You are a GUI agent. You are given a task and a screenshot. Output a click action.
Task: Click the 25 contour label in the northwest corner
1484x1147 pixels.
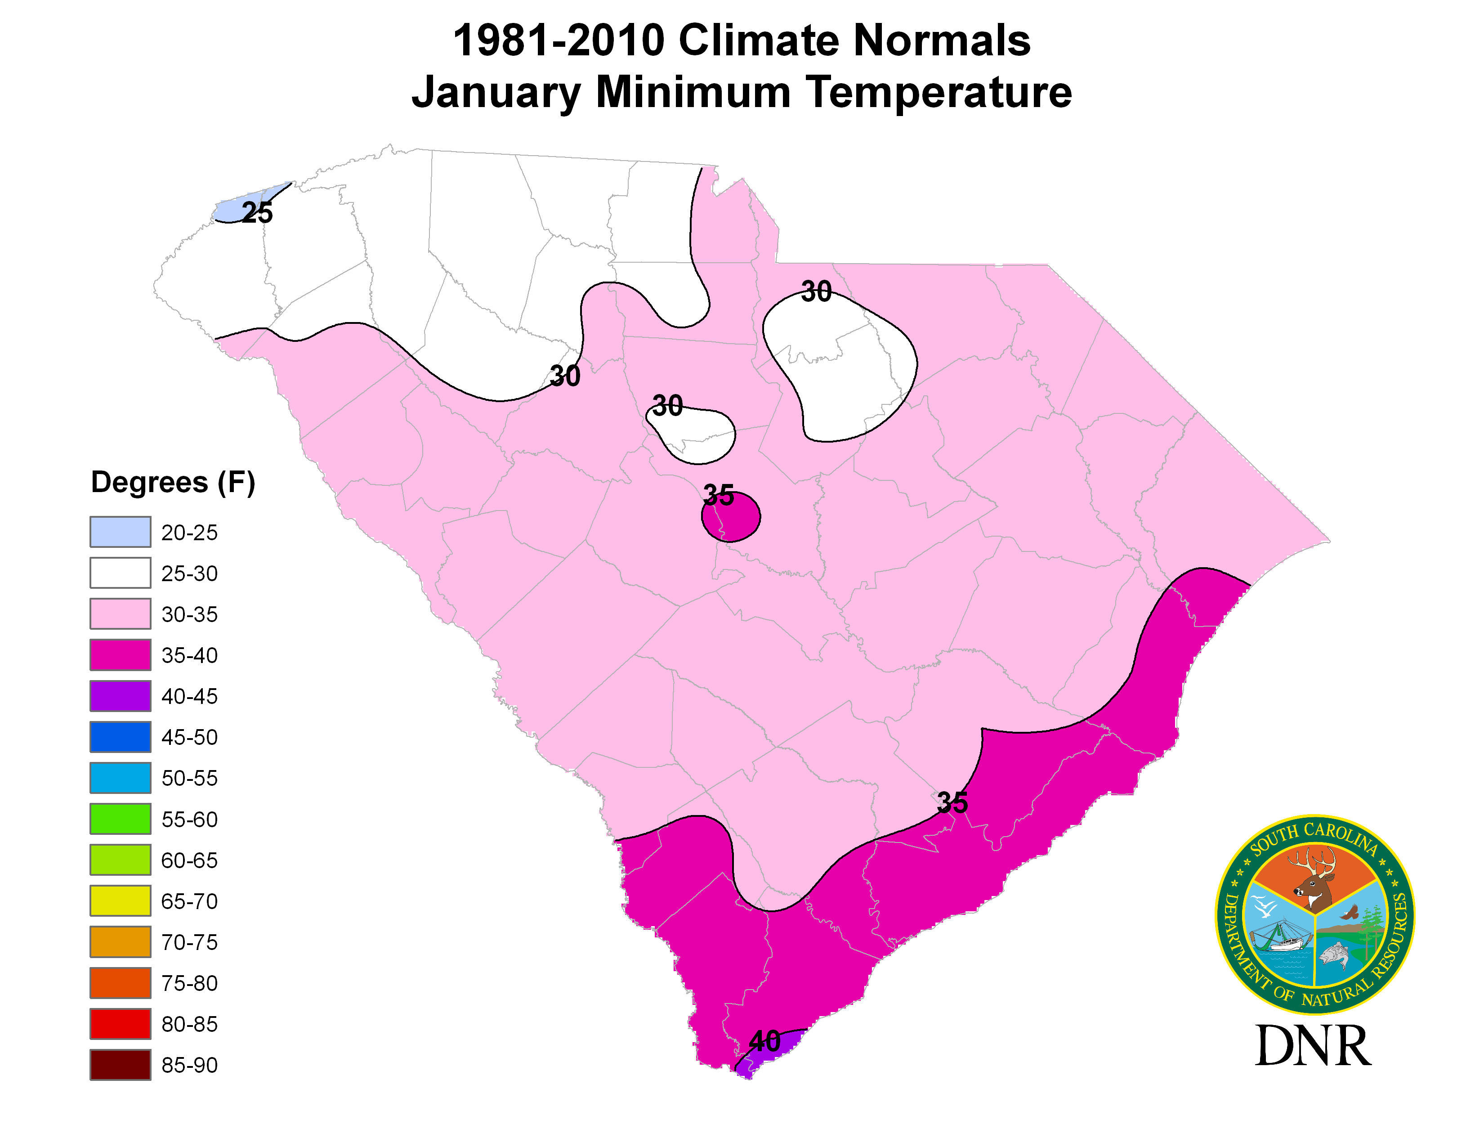coord(258,213)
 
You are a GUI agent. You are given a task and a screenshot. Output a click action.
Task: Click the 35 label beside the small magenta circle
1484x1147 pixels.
coord(718,495)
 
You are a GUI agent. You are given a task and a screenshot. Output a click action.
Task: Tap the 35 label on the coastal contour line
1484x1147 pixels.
coord(952,803)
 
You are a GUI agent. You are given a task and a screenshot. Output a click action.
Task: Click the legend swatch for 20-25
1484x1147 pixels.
coord(120,531)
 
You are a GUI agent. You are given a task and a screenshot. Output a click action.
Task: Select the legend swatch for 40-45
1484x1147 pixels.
coord(120,696)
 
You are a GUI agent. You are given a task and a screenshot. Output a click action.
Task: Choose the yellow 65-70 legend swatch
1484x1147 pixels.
coord(120,901)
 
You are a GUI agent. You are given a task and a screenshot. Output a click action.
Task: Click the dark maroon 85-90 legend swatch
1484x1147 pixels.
coord(120,1065)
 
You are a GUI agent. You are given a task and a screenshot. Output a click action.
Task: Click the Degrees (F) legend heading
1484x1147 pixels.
coord(173,483)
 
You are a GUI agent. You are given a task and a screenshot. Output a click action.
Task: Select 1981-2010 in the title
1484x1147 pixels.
coord(559,41)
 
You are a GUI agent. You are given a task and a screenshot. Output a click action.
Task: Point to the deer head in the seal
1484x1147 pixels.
coord(1315,880)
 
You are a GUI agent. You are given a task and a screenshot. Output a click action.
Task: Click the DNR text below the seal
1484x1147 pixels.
coord(1313,1046)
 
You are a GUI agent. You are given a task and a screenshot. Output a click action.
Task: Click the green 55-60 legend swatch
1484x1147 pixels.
coord(120,819)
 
